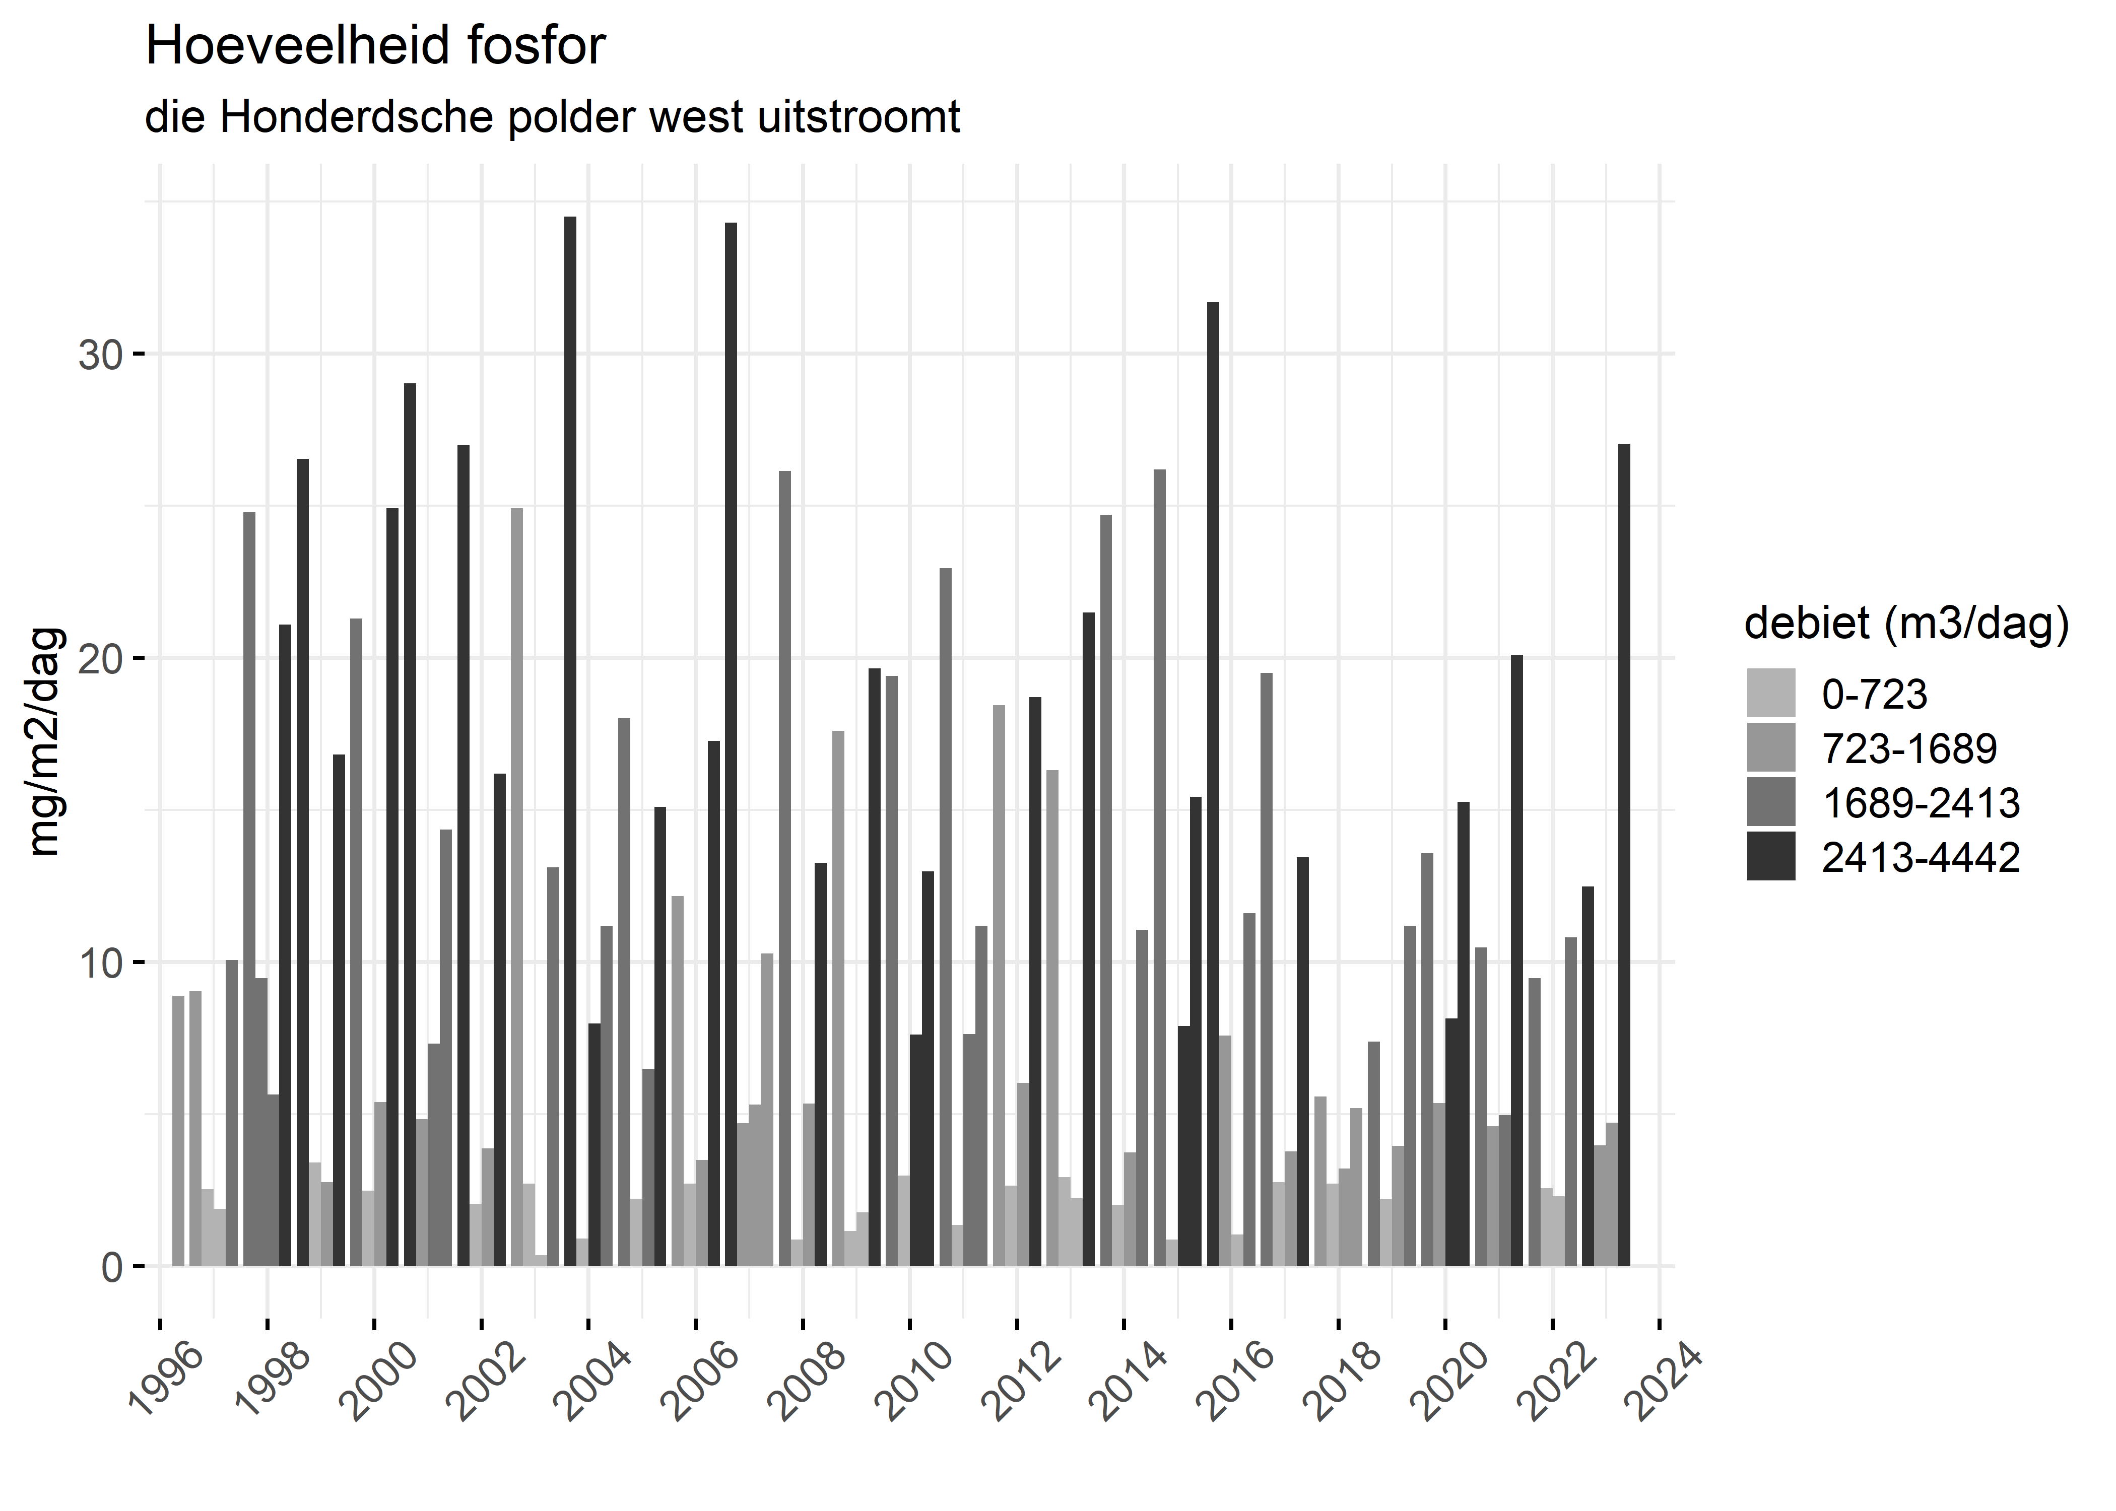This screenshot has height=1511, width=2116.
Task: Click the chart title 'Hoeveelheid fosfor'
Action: tap(375, 46)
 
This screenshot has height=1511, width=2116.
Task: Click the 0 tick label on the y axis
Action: tap(112, 1267)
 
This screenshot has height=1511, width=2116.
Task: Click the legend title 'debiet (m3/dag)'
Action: tap(1906, 624)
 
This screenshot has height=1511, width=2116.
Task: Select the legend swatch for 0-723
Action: tap(1771, 693)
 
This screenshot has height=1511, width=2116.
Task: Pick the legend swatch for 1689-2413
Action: tap(1771, 802)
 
